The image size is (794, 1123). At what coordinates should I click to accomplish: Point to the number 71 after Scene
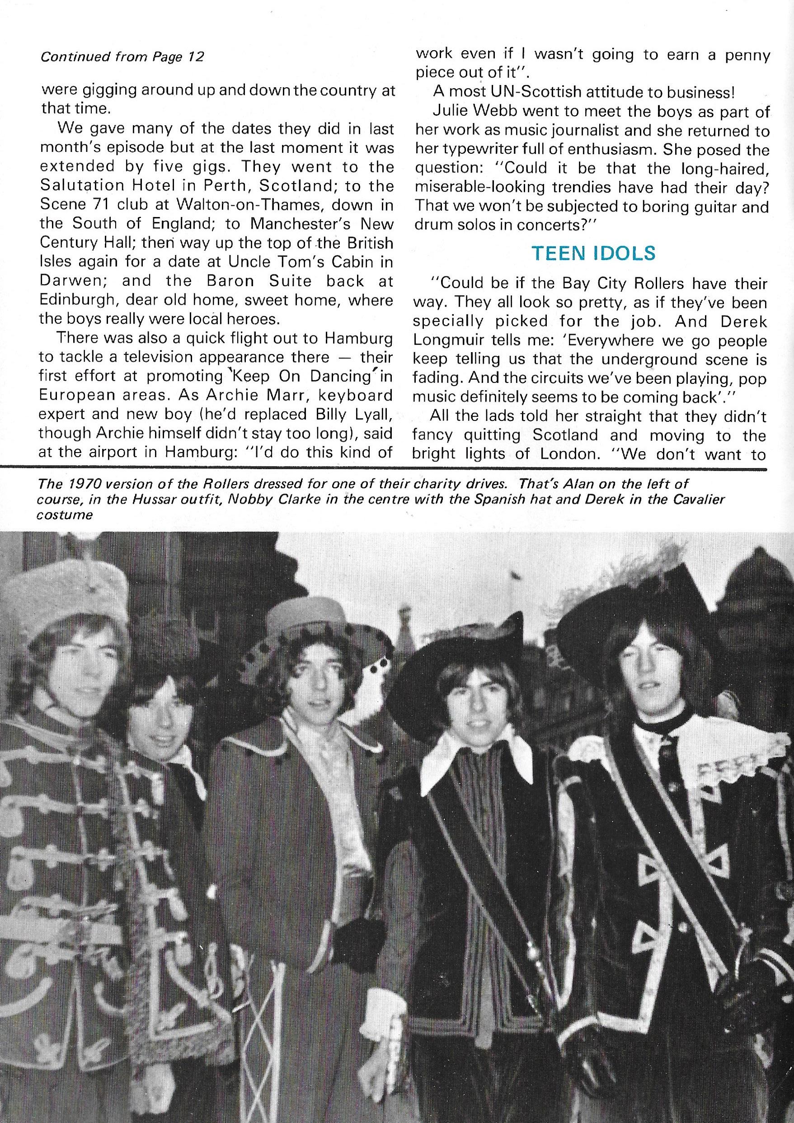97,205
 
